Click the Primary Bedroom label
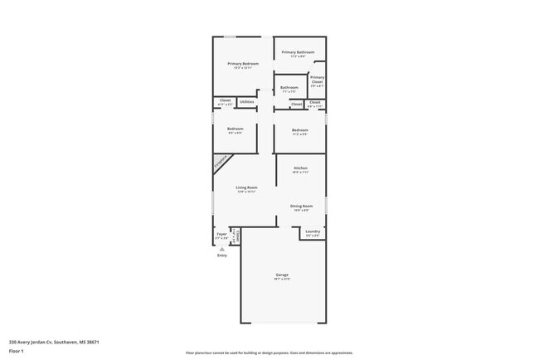coord(244,64)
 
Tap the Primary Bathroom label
coord(298,52)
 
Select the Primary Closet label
coord(317,80)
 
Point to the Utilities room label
coord(247,102)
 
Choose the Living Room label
coord(247,188)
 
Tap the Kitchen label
coord(300,168)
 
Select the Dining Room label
coord(300,206)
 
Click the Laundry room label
coord(313,231)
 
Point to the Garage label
coord(282,275)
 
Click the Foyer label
coord(221,235)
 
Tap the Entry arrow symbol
coord(221,248)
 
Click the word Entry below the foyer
coord(221,255)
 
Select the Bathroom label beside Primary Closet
coord(289,88)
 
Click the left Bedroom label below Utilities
coord(235,129)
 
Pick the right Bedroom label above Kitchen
coord(300,130)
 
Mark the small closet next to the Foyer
coord(236,236)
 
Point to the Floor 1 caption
coord(16,350)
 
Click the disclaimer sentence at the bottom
coord(269,353)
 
